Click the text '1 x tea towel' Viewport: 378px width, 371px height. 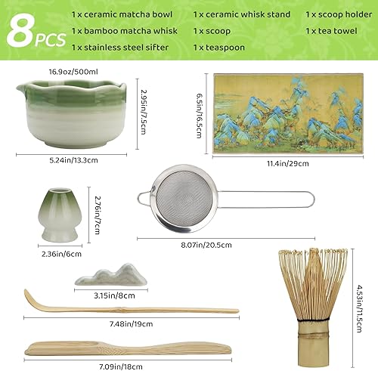click(333, 30)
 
